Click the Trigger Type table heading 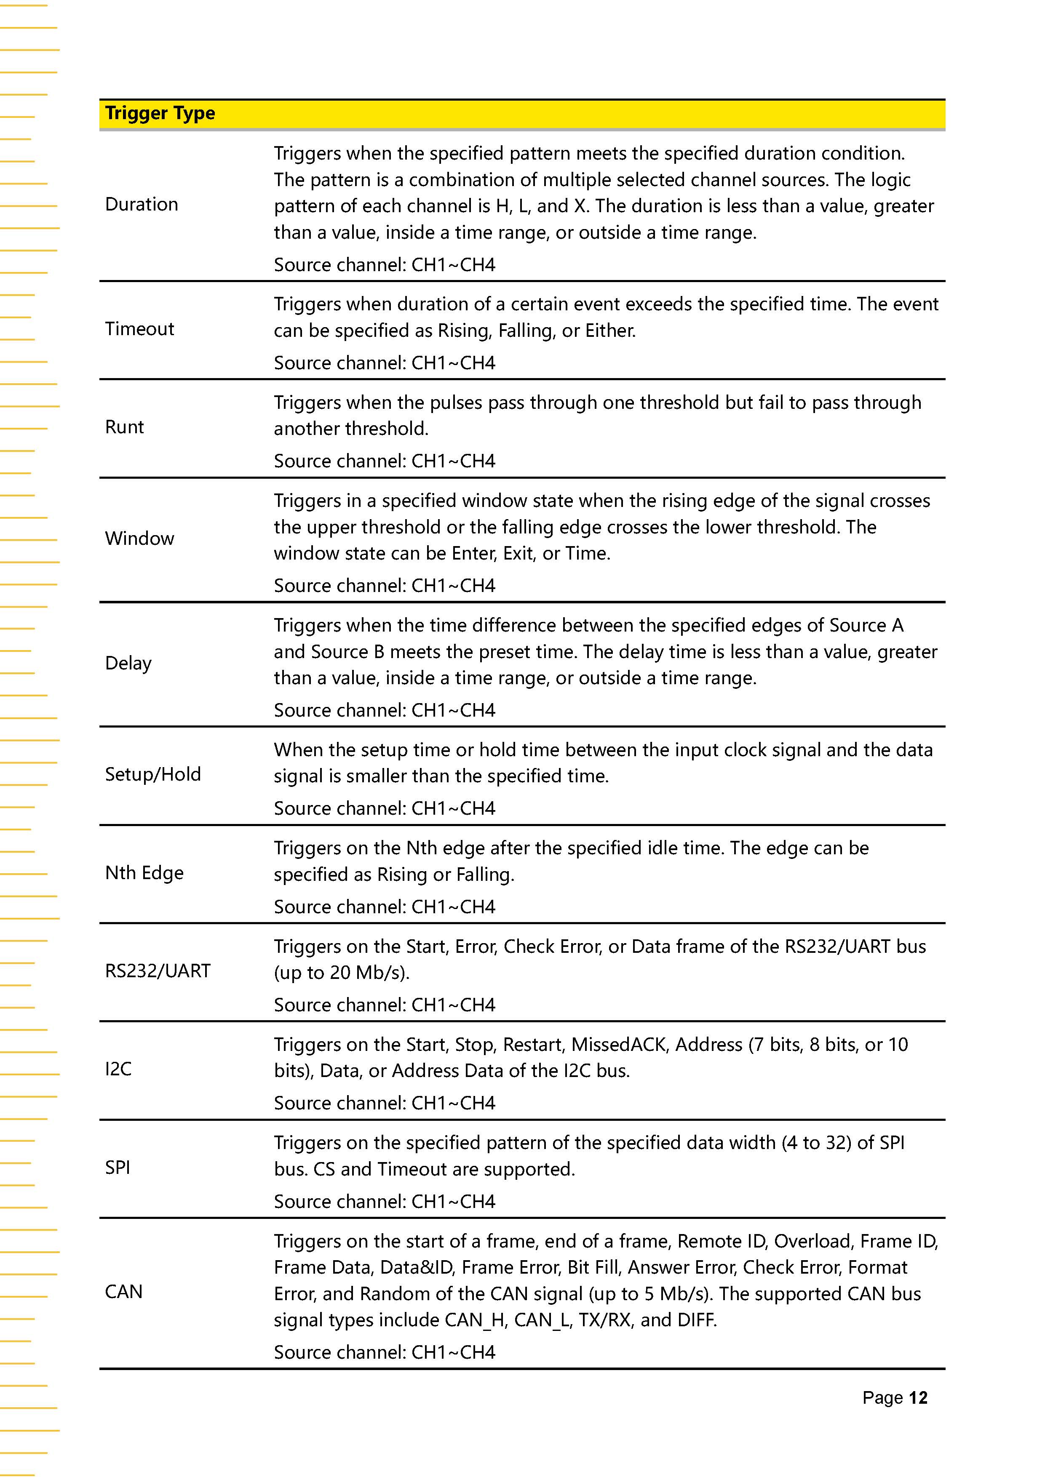[x=160, y=113]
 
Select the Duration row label [x=142, y=205]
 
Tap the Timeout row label [x=140, y=329]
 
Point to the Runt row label [x=124, y=427]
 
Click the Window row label [x=140, y=539]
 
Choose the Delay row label [x=128, y=663]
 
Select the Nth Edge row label [x=144, y=873]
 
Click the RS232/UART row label [x=158, y=971]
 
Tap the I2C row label [x=118, y=1069]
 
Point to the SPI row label [x=118, y=1168]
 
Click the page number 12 [x=918, y=1397]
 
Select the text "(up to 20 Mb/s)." [x=342, y=973]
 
